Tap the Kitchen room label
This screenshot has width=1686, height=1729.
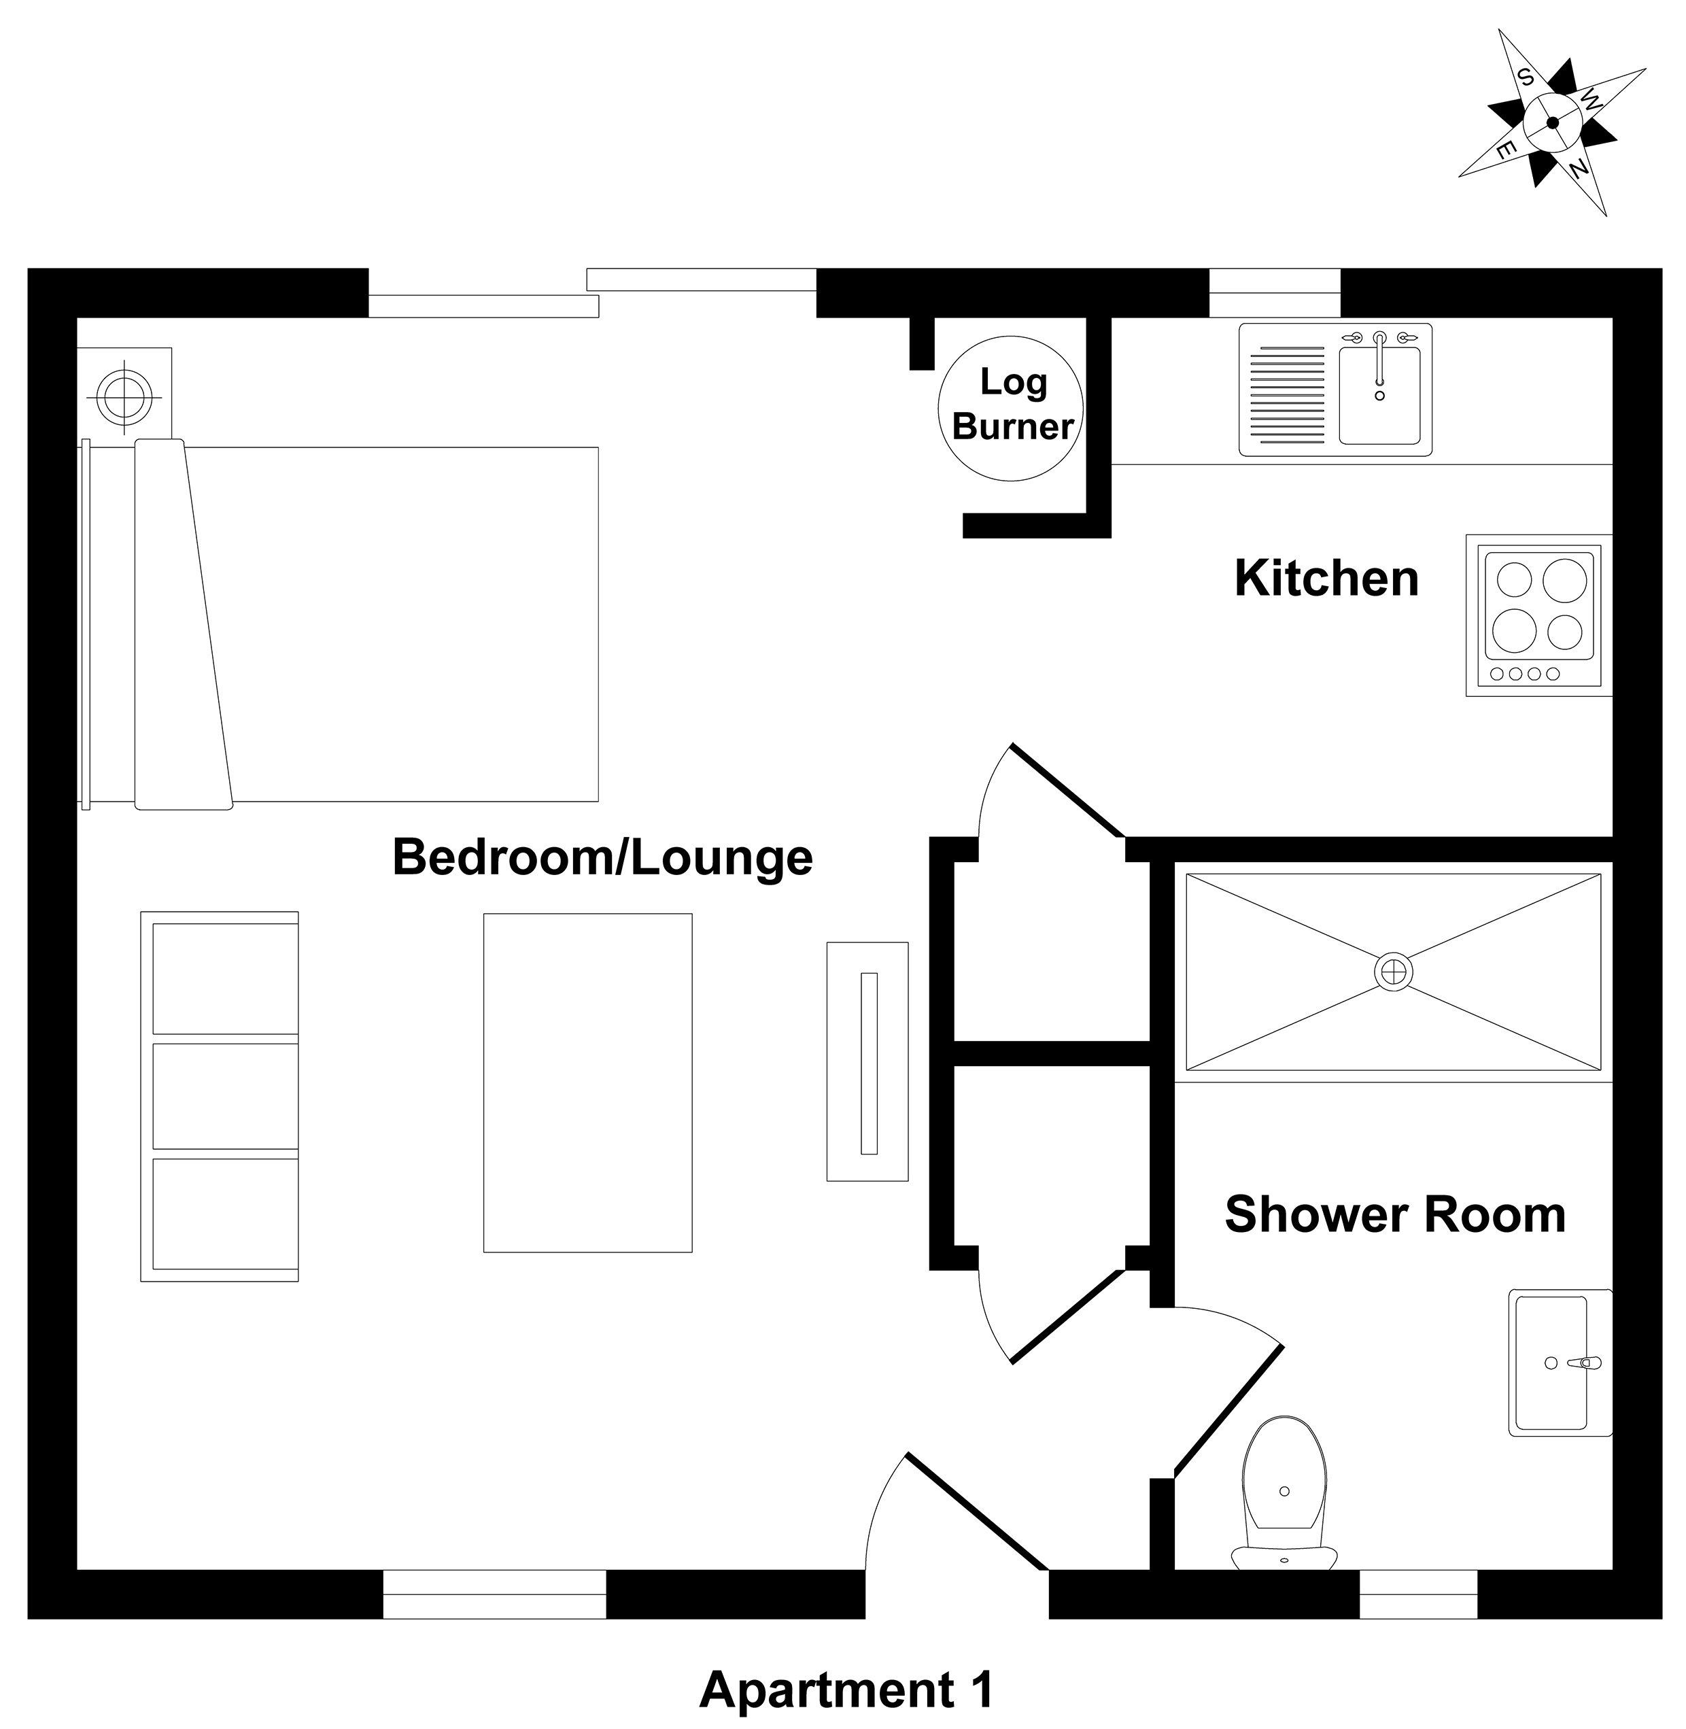point(1326,579)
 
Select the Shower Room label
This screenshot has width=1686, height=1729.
point(1394,1214)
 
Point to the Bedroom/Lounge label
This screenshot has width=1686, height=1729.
point(602,857)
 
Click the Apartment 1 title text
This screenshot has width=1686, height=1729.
point(846,1690)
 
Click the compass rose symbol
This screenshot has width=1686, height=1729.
point(1552,123)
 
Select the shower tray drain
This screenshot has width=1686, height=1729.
point(1393,972)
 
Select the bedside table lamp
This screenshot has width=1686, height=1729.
point(124,395)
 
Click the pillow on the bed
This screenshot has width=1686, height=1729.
point(184,624)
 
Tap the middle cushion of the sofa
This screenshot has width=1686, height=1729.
point(225,1097)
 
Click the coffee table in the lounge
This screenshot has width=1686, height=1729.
point(588,1082)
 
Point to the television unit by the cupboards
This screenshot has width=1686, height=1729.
point(867,1061)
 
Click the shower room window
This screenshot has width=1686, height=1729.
point(1417,1594)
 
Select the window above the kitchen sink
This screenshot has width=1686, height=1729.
point(1274,292)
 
